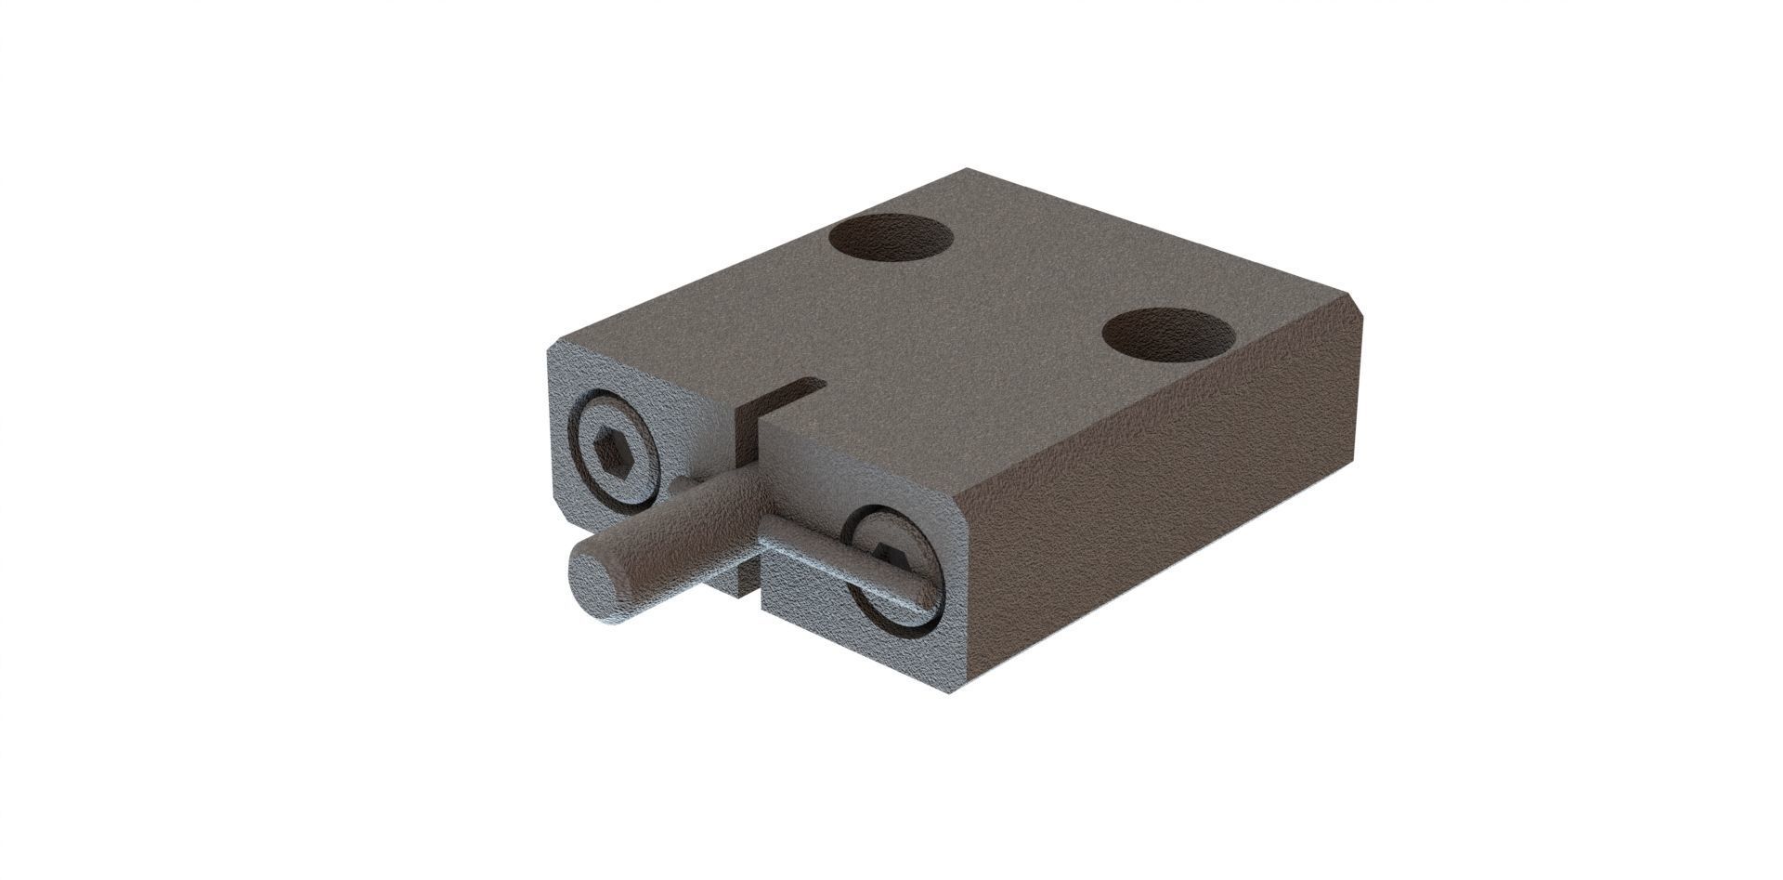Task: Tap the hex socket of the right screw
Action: pos(892,556)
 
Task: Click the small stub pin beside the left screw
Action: pos(682,484)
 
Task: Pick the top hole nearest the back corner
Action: pos(891,237)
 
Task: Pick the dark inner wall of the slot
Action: pos(748,437)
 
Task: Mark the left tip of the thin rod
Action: pos(767,532)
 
